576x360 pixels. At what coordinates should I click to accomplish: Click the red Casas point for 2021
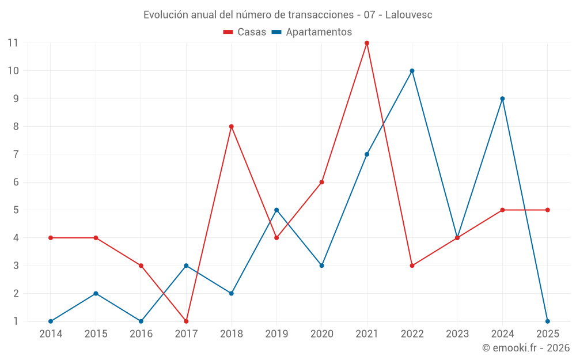click(367, 43)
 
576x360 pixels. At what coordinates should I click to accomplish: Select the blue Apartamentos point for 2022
click(412, 71)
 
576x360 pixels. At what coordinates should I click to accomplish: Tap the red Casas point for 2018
click(232, 127)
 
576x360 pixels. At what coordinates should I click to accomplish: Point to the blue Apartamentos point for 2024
click(502, 98)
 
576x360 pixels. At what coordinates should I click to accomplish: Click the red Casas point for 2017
click(186, 321)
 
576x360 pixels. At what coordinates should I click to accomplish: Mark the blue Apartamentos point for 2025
click(547, 321)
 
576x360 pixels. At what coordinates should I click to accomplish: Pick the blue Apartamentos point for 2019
click(276, 210)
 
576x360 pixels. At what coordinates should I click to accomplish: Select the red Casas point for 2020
click(321, 182)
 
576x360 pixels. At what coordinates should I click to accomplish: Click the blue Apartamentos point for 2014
click(51, 321)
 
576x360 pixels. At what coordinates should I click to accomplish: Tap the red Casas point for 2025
click(547, 210)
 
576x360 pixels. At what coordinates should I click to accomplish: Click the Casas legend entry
click(245, 32)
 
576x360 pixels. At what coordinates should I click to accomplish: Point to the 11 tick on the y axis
click(13, 43)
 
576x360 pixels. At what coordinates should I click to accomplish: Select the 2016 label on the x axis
click(141, 334)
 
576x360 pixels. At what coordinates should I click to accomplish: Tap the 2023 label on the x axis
click(457, 334)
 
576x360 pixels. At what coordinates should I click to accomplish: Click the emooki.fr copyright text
click(526, 348)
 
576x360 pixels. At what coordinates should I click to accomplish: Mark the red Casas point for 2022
click(412, 266)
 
